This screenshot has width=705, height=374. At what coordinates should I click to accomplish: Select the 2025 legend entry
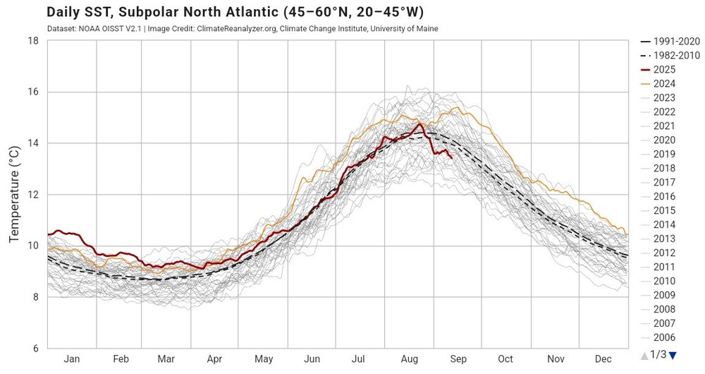(x=664, y=69)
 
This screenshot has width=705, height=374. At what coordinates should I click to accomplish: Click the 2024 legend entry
(x=664, y=83)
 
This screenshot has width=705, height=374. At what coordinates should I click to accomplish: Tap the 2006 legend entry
(x=664, y=337)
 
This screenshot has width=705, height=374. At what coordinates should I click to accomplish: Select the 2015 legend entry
(x=664, y=210)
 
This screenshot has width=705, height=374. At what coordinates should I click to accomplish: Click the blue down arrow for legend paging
(x=673, y=355)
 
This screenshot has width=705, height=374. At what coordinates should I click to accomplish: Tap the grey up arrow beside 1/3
(x=643, y=355)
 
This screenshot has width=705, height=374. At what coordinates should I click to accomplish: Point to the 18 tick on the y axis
(x=32, y=41)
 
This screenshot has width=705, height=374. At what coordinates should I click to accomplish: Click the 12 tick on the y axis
(x=32, y=195)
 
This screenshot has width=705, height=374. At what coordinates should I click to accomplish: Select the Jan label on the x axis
(x=72, y=359)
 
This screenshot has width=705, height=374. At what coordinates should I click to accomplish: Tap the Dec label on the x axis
(x=603, y=359)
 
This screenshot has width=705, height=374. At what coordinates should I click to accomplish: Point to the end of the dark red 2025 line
(x=451, y=157)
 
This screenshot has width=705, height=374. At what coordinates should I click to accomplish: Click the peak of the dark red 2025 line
(x=420, y=123)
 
